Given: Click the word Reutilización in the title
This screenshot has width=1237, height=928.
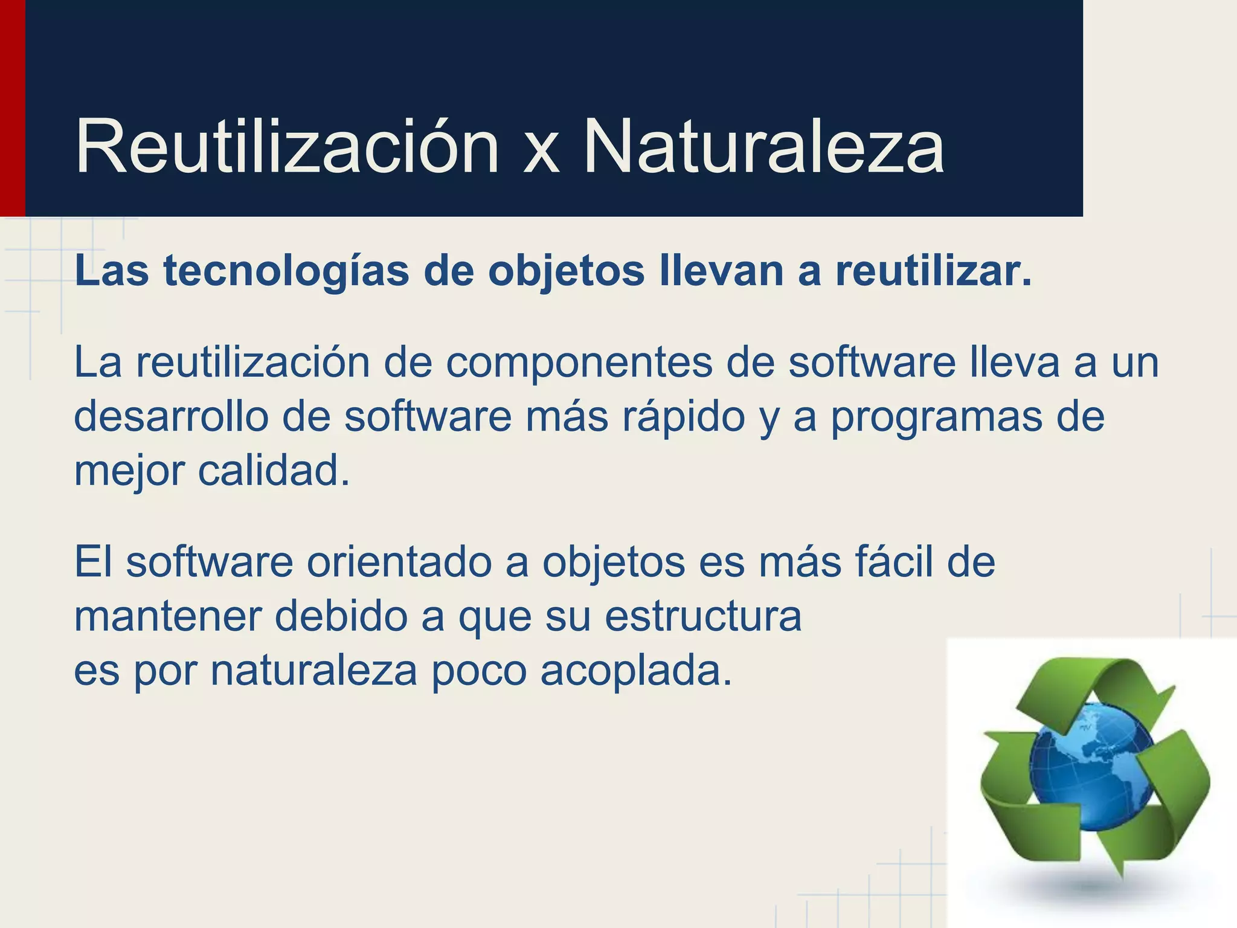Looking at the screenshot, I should click(287, 147).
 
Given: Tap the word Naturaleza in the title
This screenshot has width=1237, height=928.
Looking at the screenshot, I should click(763, 147).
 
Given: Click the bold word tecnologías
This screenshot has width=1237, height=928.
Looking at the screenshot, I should click(287, 272).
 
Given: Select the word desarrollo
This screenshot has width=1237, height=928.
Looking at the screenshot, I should click(171, 417).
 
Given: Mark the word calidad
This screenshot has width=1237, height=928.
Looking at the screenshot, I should click(274, 471).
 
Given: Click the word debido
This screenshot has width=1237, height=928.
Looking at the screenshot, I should click(341, 616).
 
